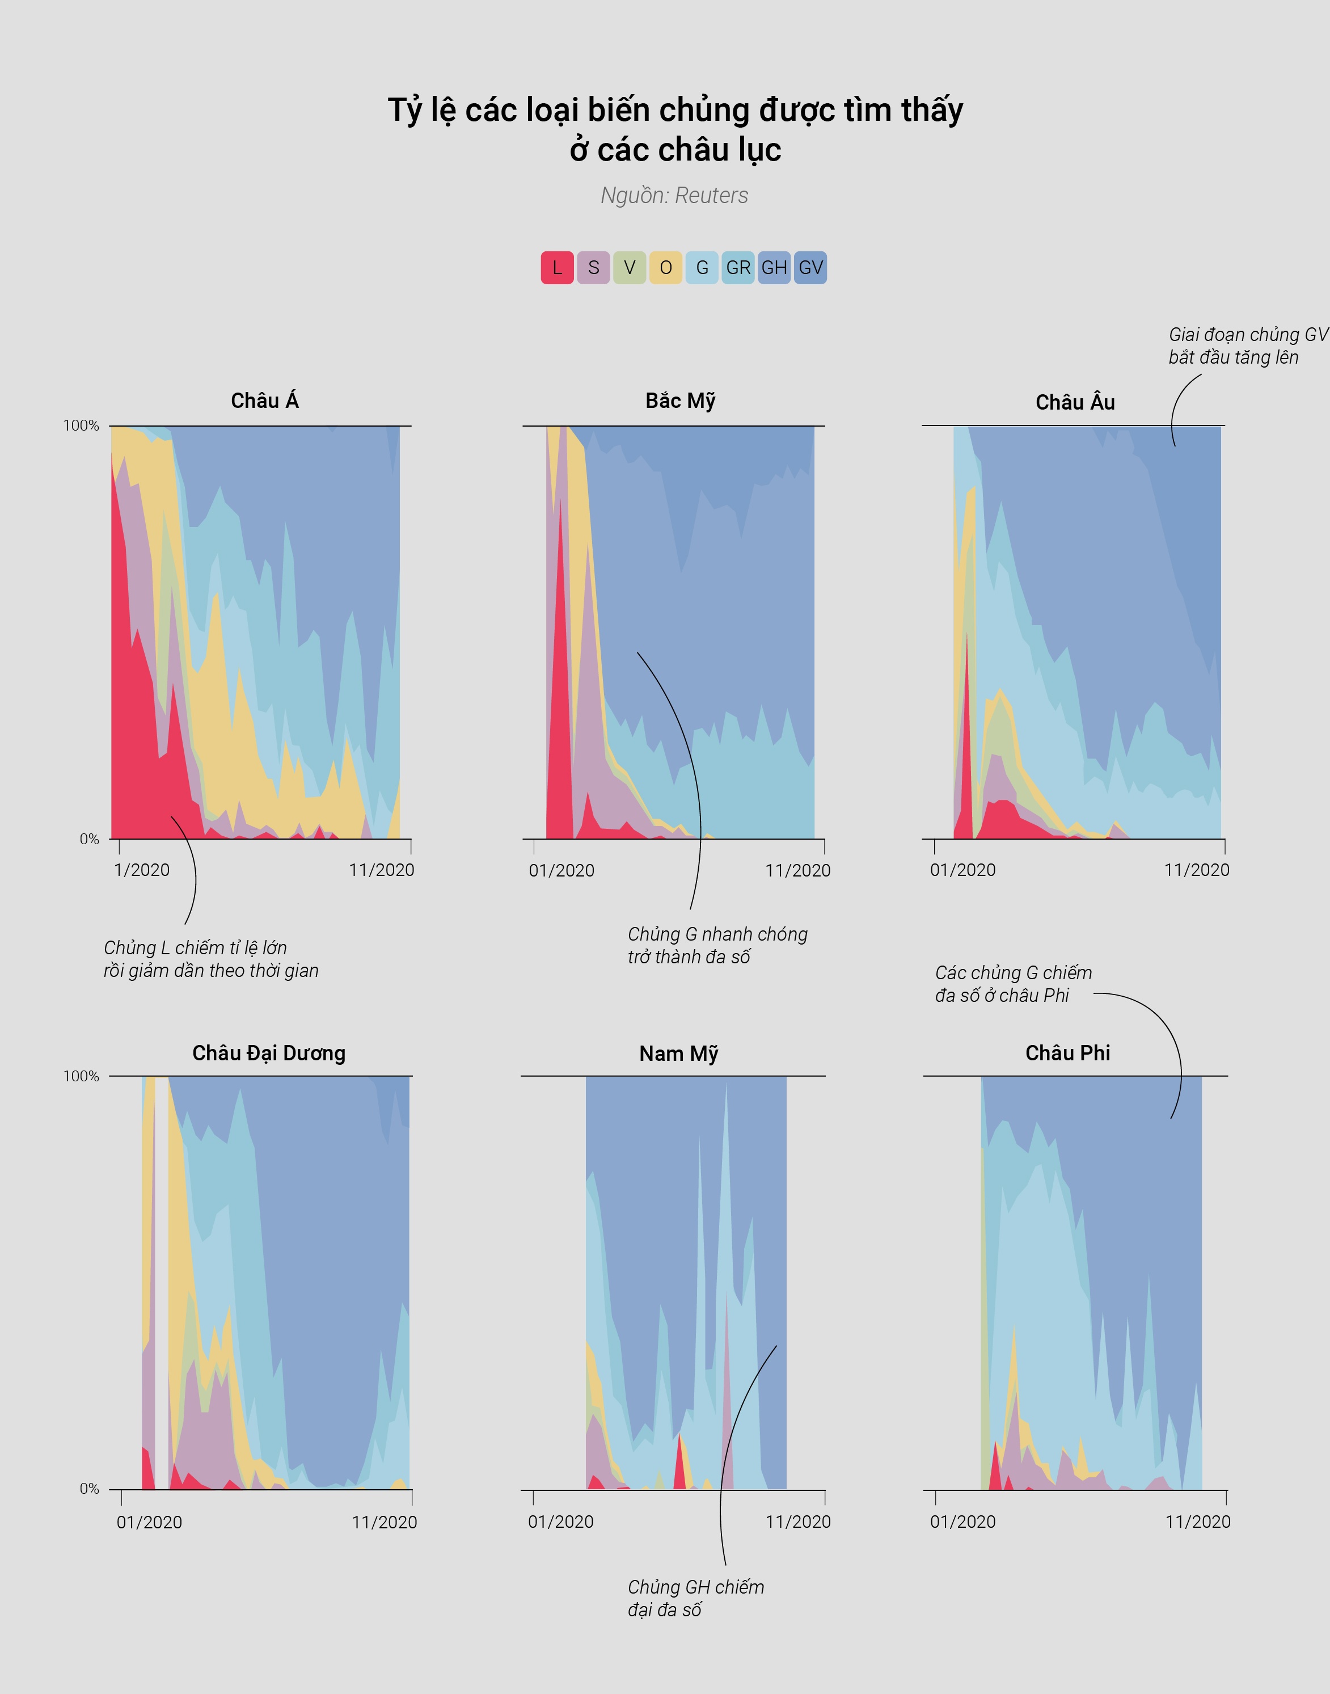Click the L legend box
[557, 268]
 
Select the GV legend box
[810, 268]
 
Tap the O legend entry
[666, 268]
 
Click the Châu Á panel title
[265, 401]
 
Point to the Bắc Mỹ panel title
[680, 401]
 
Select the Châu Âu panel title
[1075, 403]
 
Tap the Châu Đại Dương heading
[269, 1053]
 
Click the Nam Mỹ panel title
[678, 1054]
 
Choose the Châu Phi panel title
[1067, 1053]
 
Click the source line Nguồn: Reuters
[674, 196]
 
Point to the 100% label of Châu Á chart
[81, 426]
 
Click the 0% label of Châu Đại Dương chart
[89, 1489]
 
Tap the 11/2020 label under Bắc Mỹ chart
[797, 871]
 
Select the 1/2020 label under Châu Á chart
[142, 870]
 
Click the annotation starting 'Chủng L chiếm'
[211, 959]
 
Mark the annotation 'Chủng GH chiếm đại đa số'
[695, 1598]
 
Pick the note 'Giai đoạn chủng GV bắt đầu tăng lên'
[1247, 346]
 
